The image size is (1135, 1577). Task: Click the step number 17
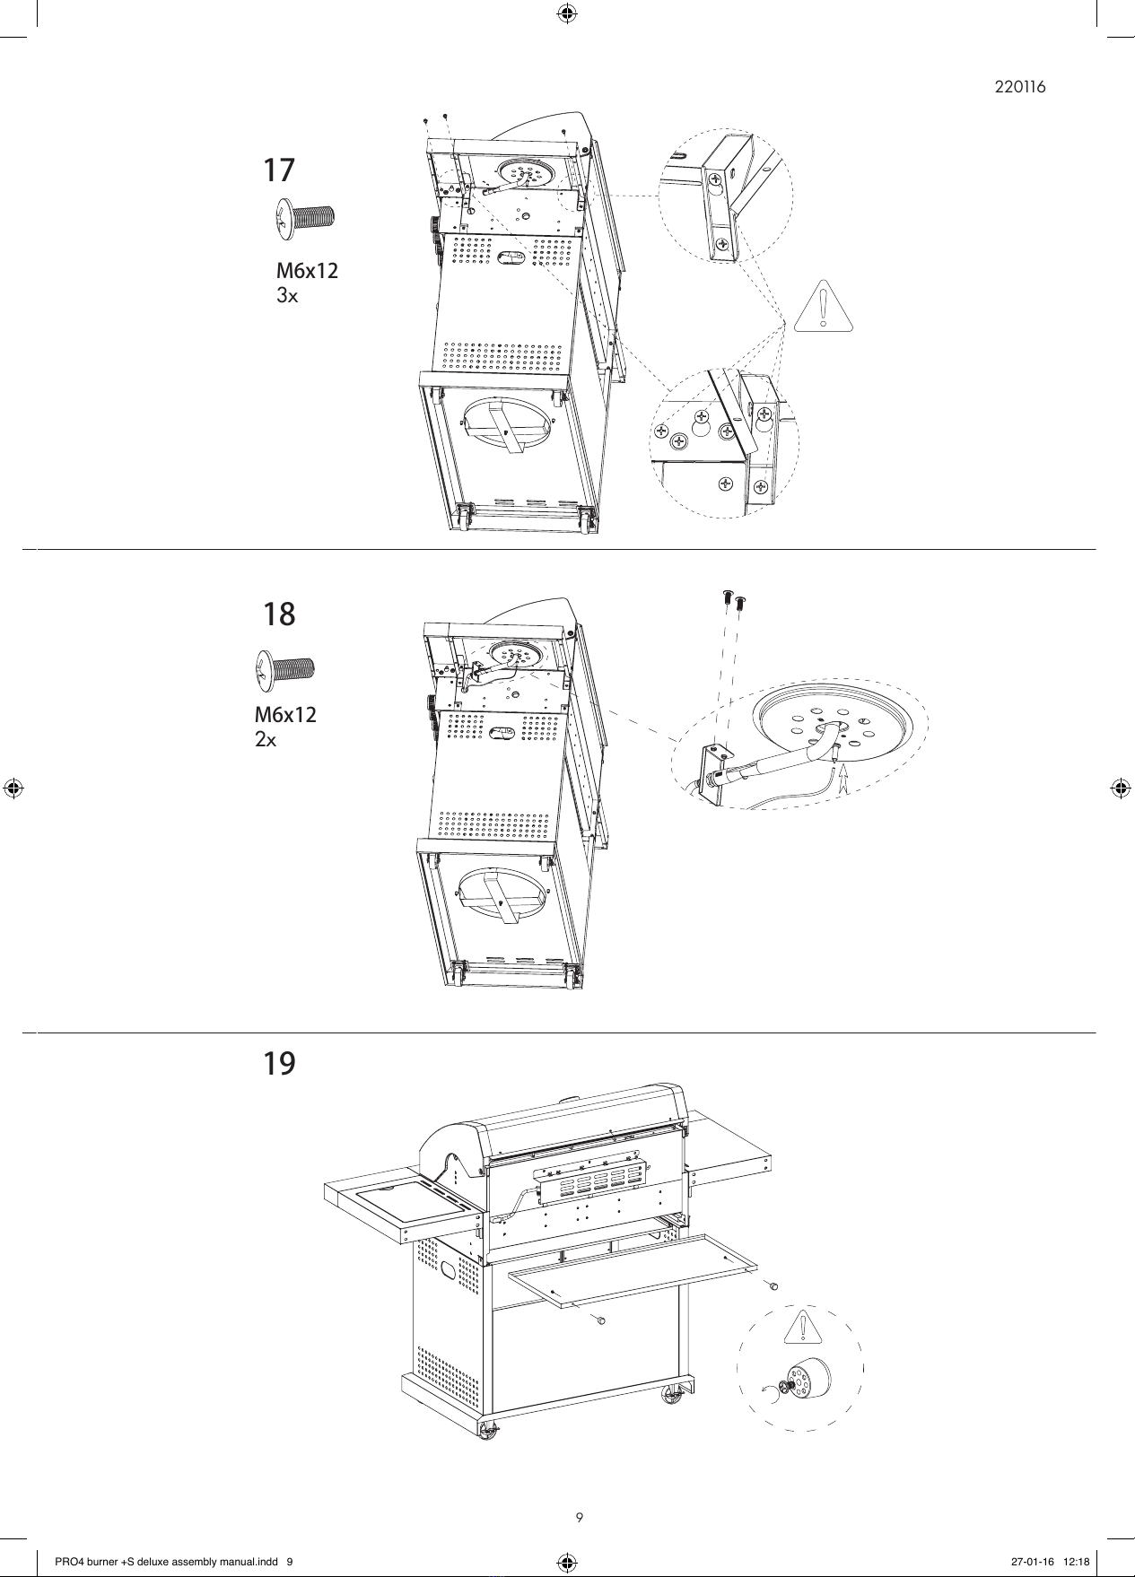278,170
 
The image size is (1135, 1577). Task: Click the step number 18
279,614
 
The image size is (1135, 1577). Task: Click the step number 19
279,1064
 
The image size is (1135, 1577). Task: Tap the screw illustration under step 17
304,219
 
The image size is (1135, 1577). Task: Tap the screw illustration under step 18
285,669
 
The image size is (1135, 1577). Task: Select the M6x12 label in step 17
308,270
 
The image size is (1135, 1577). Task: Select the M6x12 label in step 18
285,715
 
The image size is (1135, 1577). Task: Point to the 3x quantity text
287,295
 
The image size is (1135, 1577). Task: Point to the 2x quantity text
266,740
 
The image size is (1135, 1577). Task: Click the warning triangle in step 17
823,306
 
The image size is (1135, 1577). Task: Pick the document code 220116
1020,87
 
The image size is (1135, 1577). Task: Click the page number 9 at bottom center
580,1518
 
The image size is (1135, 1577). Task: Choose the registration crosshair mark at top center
567,12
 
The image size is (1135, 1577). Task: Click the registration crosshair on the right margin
1119,788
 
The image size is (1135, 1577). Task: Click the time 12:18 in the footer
1077,1562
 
